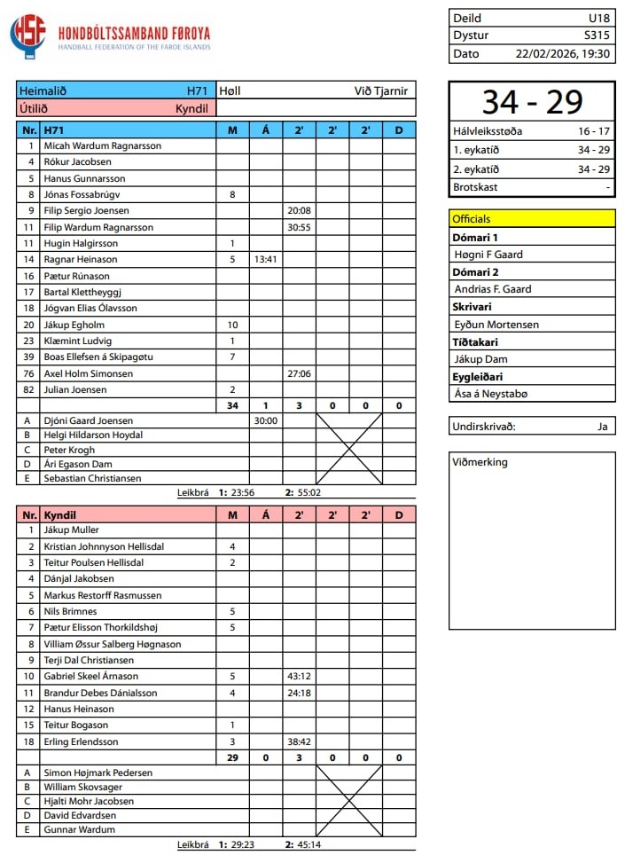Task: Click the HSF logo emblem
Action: tap(27, 35)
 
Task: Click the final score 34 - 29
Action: tap(532, 103)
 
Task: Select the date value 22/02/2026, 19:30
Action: tap(563, 53)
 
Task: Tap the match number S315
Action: tap(597, 35)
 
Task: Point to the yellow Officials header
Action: tap(532, 218)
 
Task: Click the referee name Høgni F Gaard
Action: tap(488, 255)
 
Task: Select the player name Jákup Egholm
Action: tap(74, 325)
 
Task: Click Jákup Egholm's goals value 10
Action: tap(232, 325)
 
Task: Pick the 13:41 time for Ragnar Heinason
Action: tap(266, 260)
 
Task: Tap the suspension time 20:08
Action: tap(299, 211)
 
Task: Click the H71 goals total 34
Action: tap(232, 405)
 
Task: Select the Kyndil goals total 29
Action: tap(232, 757)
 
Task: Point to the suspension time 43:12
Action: tap(299, 676)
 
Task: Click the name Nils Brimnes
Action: tap(71, 611)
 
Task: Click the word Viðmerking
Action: tap(480, 462)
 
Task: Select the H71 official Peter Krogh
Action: tap(68, 450)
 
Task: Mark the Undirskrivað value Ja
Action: tap(602, 427)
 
